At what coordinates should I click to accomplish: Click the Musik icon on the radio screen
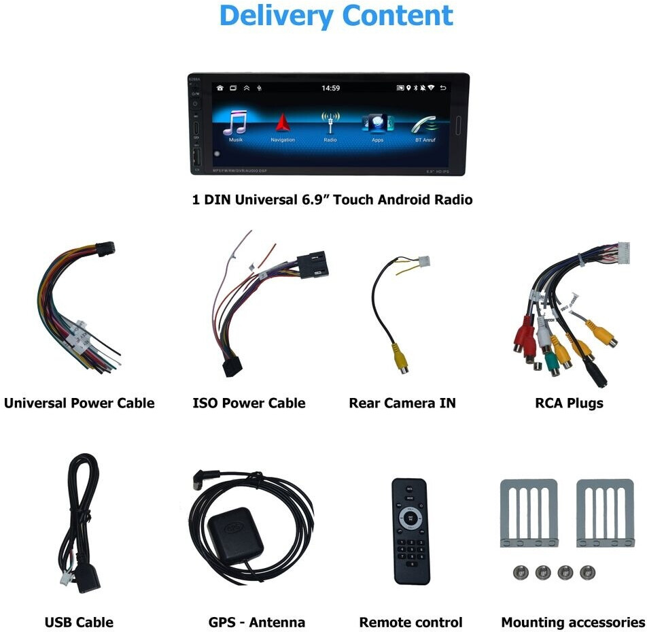236,123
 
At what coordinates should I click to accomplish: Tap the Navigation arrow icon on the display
283,123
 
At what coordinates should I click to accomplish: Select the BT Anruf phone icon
425,124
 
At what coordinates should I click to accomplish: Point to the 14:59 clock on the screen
331,88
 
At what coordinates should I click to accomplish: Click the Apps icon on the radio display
378,123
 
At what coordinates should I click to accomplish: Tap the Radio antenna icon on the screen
330,122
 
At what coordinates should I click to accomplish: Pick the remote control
411,531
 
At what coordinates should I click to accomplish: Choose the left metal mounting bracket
529,512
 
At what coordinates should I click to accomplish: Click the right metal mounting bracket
605,512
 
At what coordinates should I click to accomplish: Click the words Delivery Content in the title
336,16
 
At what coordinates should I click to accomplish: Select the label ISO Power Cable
249,403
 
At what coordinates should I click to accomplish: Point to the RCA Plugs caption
569,403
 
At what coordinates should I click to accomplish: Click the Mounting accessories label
572,622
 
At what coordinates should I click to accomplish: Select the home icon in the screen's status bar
220,88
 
